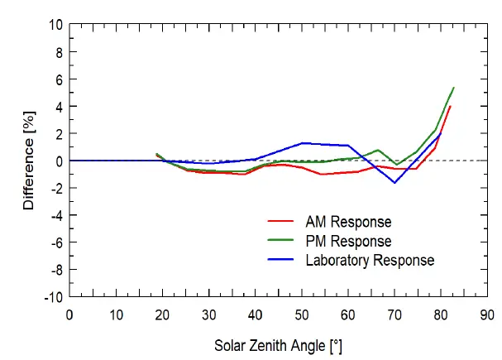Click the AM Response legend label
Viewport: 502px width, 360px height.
click(x=348, y=222)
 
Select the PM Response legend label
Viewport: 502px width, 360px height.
click(x=348, y=241)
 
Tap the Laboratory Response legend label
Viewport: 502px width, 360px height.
click(x=369, y=260)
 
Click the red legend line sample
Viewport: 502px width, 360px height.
click(x=281, y=222)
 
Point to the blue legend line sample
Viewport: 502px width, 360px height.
click(x=281, y=260)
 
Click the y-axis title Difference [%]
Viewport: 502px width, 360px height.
click(x=30, y=161)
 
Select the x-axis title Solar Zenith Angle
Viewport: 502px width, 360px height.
click(x=279, y=343)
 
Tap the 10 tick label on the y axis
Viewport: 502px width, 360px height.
click(x=55, y=25)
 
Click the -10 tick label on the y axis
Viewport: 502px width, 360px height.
click(x=53, y=296)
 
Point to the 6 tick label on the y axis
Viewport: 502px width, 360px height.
click(x=58, y=79)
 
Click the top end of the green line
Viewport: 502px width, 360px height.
click(x=454, y=88)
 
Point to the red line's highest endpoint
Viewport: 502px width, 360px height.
click(x=450, y=106)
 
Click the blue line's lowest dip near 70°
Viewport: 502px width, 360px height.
click(x=394, y=182)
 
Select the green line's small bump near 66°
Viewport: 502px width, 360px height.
click(x=378, y=150)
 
